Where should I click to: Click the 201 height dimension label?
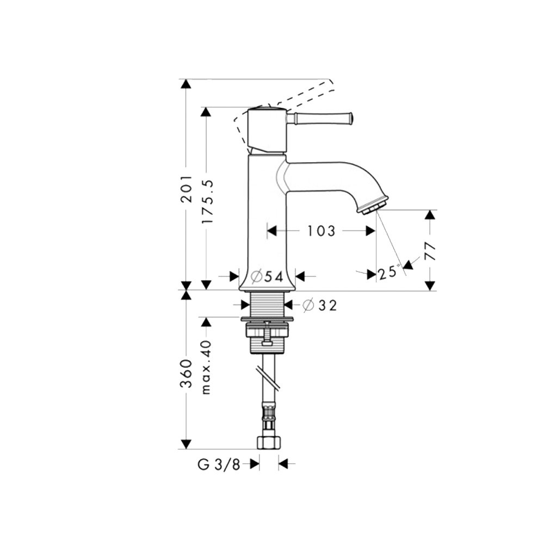(x=187, y=189)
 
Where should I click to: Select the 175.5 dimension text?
(x=207, y=202)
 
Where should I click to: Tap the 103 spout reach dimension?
(x=322, y=231)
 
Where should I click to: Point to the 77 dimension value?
(x=430, y=251)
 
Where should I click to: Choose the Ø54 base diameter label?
(x=267, y=276)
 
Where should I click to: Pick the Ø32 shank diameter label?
(x=319, y=305)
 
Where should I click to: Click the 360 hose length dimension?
(x=187, y=374)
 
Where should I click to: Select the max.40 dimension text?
(x=207, y=367)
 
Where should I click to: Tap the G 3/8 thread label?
(x=219, y=465)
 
